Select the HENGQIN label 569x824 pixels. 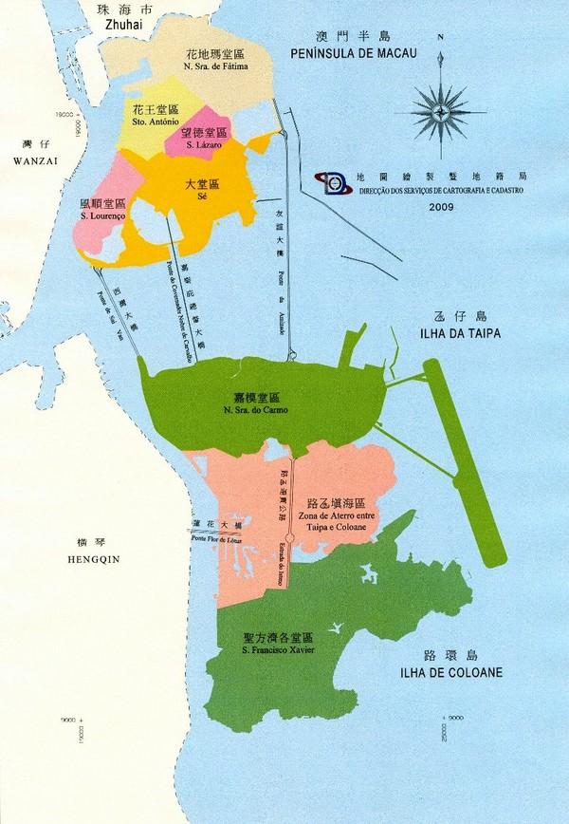coord(96,560)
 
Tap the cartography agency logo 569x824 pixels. coord(336,180)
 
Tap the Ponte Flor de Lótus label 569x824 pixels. coord(220,538)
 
